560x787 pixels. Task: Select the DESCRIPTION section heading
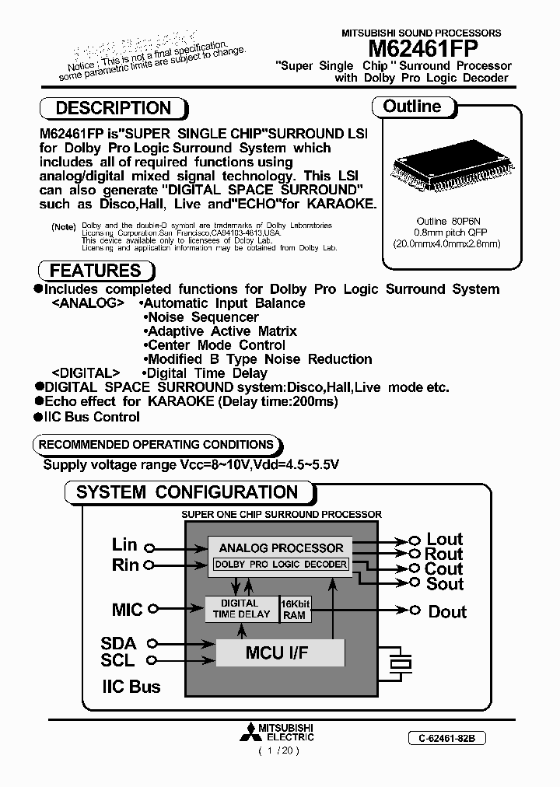(x=114, y=108)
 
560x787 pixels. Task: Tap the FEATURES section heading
(x=95, y=271)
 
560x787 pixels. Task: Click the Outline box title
(x=411, y=107)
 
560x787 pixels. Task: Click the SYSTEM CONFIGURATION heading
(x=187, y=492)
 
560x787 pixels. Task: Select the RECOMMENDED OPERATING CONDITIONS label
(x=156, y=445)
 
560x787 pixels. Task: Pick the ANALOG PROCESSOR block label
(x=281, y=547)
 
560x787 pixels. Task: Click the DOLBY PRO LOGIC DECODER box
(x=281, y=565)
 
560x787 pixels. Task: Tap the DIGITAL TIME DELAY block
(x=241, y=608)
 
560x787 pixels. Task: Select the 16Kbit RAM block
(x=294, y=609)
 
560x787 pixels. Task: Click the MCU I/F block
(x=277, y=652)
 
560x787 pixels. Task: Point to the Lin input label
(x=124, y=545)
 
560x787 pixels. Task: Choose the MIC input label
(x=127, y=610)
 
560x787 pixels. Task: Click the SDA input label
(x=118, y=643)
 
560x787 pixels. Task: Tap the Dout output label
(x=447, y=612)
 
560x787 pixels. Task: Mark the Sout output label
(x=444, y=584)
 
